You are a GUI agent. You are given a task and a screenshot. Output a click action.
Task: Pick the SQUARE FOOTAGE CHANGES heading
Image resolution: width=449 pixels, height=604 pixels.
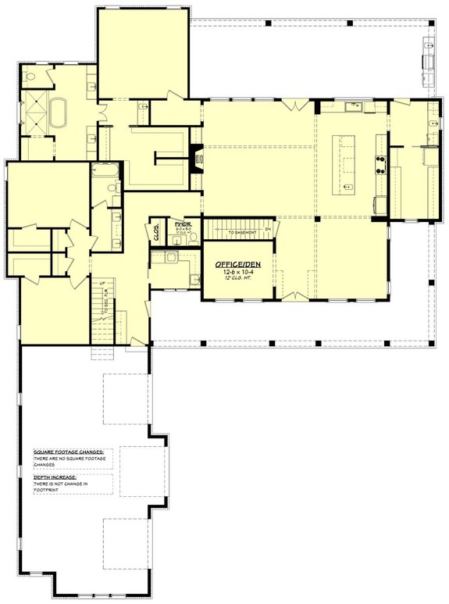point(73,452)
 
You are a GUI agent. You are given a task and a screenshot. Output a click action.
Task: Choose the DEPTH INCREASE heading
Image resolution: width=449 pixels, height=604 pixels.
point(56,476)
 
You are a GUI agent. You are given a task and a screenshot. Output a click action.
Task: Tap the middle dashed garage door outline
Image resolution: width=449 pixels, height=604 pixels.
point(143,471)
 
